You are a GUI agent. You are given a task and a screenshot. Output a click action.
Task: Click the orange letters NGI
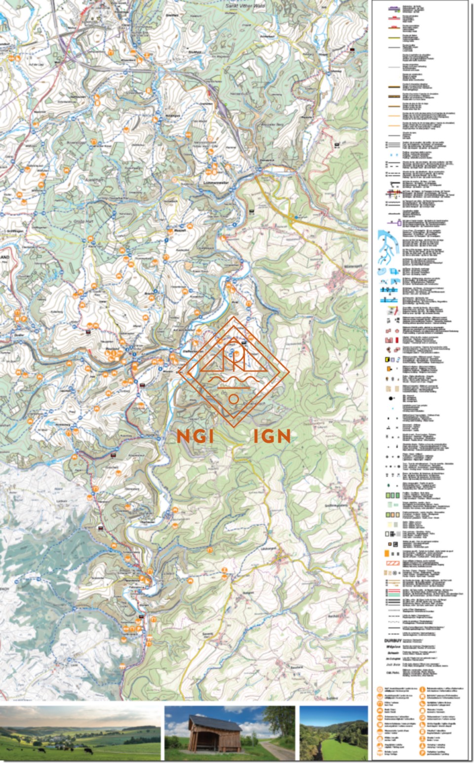click(193, 436)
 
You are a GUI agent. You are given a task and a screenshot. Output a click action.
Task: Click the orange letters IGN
click(272, 436)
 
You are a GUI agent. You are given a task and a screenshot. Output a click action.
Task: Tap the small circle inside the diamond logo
click(234, 398)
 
